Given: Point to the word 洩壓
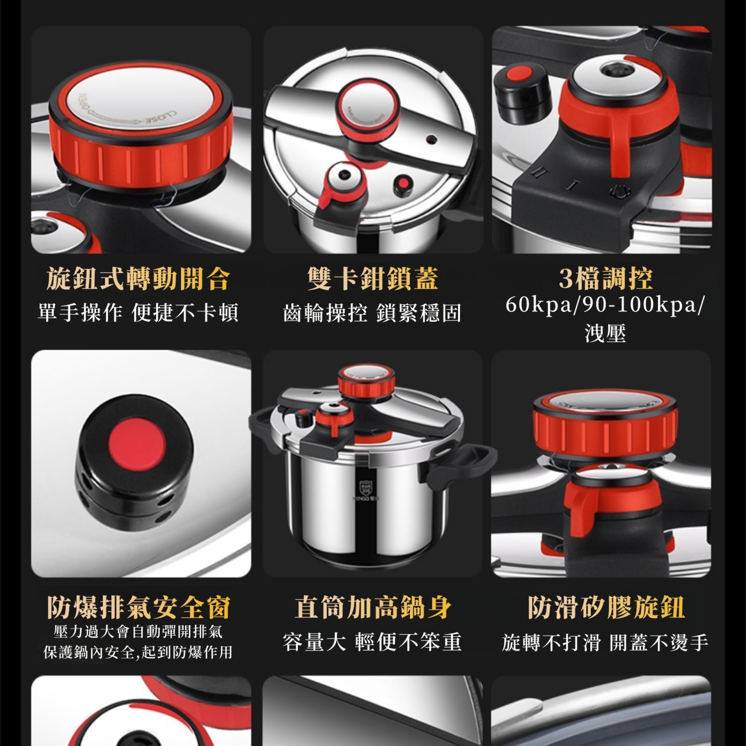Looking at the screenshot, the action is coord(605,333).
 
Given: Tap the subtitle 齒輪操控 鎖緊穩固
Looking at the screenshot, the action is coord(372,313).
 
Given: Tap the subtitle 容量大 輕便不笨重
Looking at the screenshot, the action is coord(372,641).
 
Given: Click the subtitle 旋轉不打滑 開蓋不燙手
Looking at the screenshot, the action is coord(605,642).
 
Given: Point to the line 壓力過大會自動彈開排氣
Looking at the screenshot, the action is coord(138,631).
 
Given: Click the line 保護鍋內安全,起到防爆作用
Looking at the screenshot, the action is coord(138,652).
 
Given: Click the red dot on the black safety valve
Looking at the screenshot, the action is coord(137,443).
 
